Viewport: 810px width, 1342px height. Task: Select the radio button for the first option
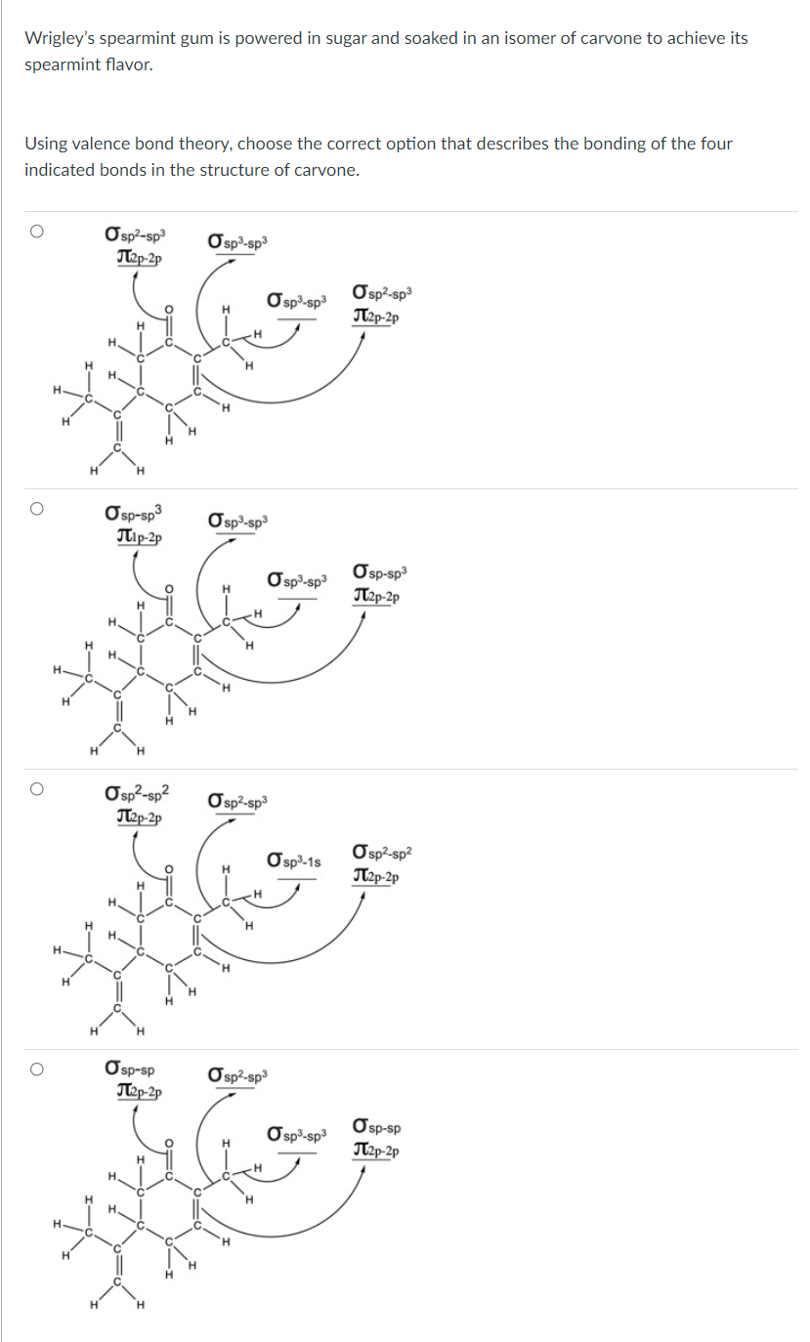pos(36,231)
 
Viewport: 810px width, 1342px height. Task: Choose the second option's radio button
pos(36,509)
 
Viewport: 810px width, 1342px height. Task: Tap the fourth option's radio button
pos(36,1069)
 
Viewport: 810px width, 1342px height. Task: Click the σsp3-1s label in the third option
pos(294,860)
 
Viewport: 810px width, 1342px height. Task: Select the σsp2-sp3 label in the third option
pos(237,802)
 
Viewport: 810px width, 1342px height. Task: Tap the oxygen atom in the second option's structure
pos(168,588)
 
